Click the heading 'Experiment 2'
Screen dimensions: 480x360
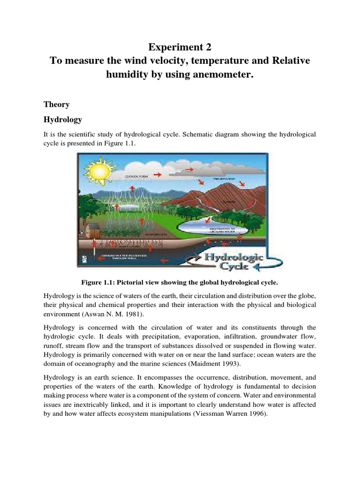coord(180,47)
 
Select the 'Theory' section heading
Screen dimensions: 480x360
coord(56,104)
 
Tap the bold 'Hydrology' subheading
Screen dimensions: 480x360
coord(62,120)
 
